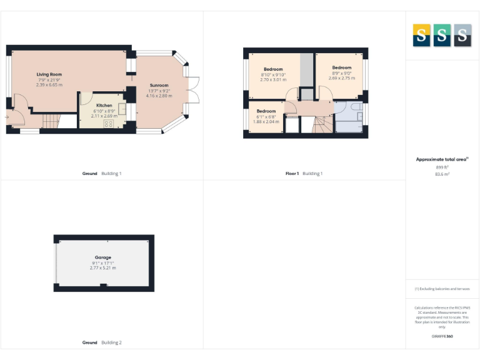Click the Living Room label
click(49, 74)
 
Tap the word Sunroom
click(159, 85)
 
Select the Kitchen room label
click(104, 105)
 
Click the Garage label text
click(103, 257)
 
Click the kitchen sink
click(123, 108)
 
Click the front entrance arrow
click(6, 117)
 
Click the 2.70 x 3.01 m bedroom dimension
click(273, 80)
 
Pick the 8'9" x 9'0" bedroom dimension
click(342, 72)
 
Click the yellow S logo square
click(421, 35)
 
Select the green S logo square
click(442, 35)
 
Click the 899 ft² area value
click(442, 167)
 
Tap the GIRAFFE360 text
click(442, 337)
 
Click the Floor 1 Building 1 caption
click(304, 173)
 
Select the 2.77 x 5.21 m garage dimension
click(103, 268)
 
